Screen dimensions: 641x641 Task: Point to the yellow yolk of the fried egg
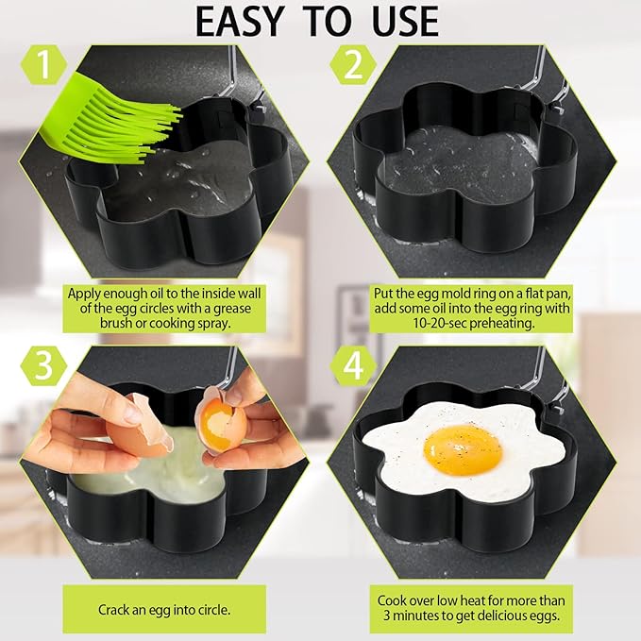tap(462, 447)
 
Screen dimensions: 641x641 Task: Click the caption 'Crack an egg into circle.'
tap(165, 609)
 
